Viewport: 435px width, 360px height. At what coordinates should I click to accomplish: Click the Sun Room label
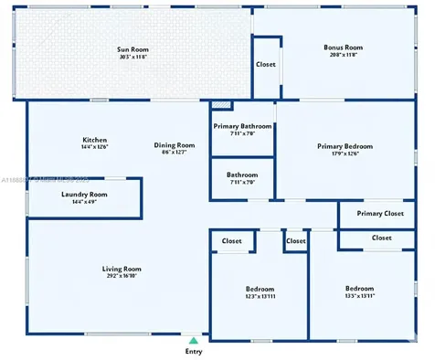pyautogui.click(x=133, y=49)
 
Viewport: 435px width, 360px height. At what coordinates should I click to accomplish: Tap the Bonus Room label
pyautogui.click(x=343, y=48)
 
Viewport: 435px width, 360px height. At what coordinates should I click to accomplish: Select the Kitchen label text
pyautogui.click(x=95, y=139)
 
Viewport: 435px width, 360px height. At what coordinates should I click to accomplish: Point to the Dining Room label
pyautogui.click(x=174, y=144)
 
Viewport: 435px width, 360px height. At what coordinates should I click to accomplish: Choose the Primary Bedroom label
pyautogui.click(x=345, y=145)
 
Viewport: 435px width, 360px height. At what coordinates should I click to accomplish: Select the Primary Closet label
pyautogui.click(x=380, y=214)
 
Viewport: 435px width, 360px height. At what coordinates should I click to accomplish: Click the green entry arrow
pyautogui.click(x=193, y=341)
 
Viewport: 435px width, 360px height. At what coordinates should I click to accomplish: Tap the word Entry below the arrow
pyautogui.click(x=194, y=352)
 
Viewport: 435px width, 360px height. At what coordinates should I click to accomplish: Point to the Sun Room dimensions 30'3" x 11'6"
pyautogui.click(x=133, y=57)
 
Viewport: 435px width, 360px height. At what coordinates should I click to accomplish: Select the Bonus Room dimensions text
pyautogui.click(x=343, y=55)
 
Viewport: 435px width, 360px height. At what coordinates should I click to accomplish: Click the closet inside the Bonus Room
pyautogui.click(x=266, y=65)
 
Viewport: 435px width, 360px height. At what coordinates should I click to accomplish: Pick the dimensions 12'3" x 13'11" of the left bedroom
pyautogui.click(x=260, y=296)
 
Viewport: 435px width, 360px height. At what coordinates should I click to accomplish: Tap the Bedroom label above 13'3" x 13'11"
pyautogui.click(x=358, y=288)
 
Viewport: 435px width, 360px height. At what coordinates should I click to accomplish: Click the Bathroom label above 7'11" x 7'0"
pyautogui.click(x=243, y=175)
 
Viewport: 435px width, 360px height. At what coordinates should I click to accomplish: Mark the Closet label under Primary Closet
pyautogui.click(x=381, y=238)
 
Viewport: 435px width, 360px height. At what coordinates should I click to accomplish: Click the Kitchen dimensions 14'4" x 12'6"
pyautogui.click(x=95, y=147)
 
